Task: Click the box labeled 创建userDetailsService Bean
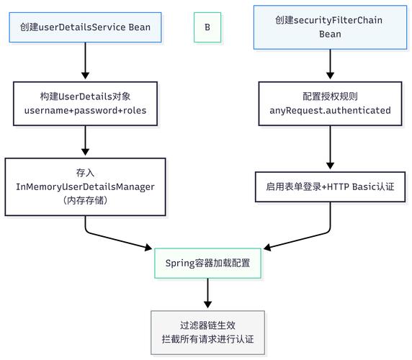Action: coord(85,27)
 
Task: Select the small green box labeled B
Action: coord(207,27)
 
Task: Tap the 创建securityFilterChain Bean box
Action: coord(330,27)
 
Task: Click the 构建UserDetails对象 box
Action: coord(85,102)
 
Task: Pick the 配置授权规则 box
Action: coord(330,102)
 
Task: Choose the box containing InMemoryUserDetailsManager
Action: coord(85,186)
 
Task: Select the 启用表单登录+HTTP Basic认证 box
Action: coord(330,186)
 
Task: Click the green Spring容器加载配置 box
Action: coord(207,264)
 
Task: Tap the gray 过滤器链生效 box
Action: coord(207,332)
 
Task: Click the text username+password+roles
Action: coord(85,110)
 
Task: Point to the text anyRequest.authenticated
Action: coord(330,110)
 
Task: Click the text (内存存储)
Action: coord(85,200)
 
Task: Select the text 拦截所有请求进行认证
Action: coord(207,340)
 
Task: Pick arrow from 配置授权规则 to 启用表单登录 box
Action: coord(330,147)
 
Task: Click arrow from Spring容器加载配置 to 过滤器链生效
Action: coord(207,294)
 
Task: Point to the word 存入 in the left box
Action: coord(85,172)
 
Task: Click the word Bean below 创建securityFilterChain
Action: coord(330,35)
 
